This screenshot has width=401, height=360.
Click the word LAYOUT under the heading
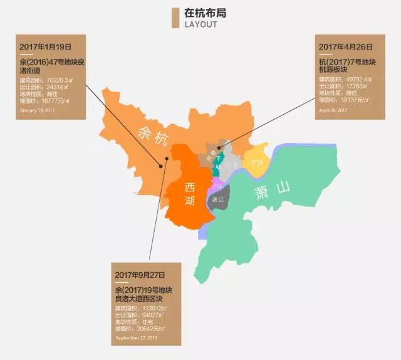click(x=200, y=24)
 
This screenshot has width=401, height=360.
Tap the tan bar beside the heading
click(x=175, y=19)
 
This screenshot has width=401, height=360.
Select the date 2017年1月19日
click(x=46, y=47)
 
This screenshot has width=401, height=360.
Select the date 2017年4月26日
click(x=345, y=47)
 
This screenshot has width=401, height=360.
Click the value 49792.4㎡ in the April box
click(x=356, y=80)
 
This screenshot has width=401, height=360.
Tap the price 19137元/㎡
click(x=353, y=100)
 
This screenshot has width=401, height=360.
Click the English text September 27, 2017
click(x=135, y=338)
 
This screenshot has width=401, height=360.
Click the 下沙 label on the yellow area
click(x=256, y=162)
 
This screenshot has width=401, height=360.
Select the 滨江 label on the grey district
click(x=219, y=200)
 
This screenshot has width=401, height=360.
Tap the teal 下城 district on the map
click(x=217, y=164)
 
